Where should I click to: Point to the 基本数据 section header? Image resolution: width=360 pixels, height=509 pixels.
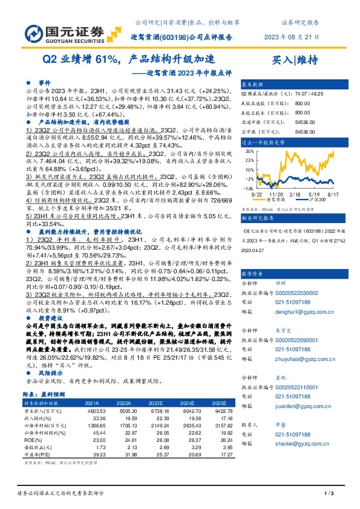pyautogui.click(x=252, y=84)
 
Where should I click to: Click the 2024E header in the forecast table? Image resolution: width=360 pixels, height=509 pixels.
pyautogui.click(x=187, y=403)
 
